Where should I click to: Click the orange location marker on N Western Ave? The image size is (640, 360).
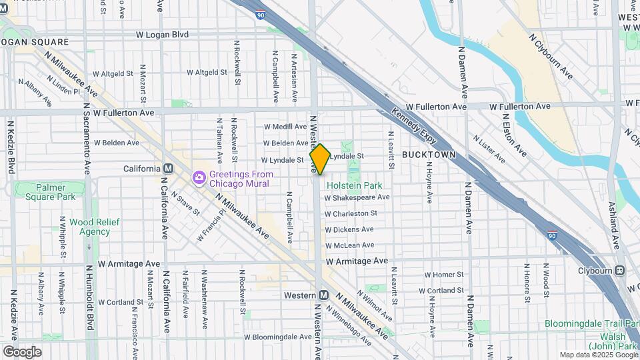(319, 159)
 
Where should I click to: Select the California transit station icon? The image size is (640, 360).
(168, 169)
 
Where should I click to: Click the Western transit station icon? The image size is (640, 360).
(323, 295)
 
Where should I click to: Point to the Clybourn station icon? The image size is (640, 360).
(620, 270)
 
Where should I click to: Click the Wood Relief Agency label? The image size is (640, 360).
(85, 227)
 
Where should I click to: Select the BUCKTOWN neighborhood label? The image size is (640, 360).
(429, 155)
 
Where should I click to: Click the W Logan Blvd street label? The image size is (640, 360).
(162, 34)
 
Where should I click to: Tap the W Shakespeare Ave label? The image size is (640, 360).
(357, 197)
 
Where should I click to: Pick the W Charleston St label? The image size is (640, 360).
(351, 213)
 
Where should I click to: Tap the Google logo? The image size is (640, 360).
(22, 351)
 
